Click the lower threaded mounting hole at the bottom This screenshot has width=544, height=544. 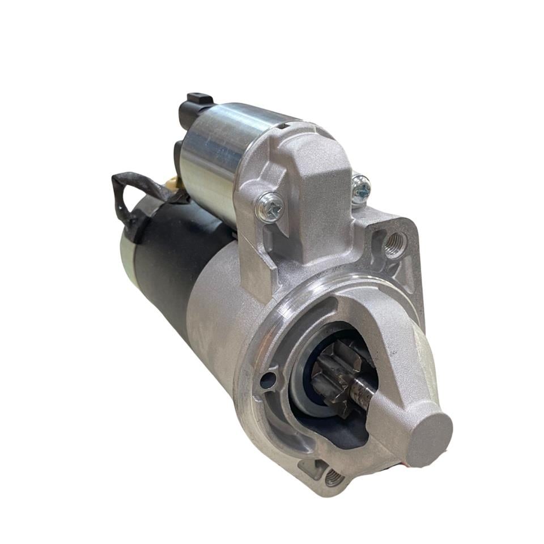pos(334,477)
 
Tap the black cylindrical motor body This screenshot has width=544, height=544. pos(170,266)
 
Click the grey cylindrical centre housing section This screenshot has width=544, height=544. pos(221,317)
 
